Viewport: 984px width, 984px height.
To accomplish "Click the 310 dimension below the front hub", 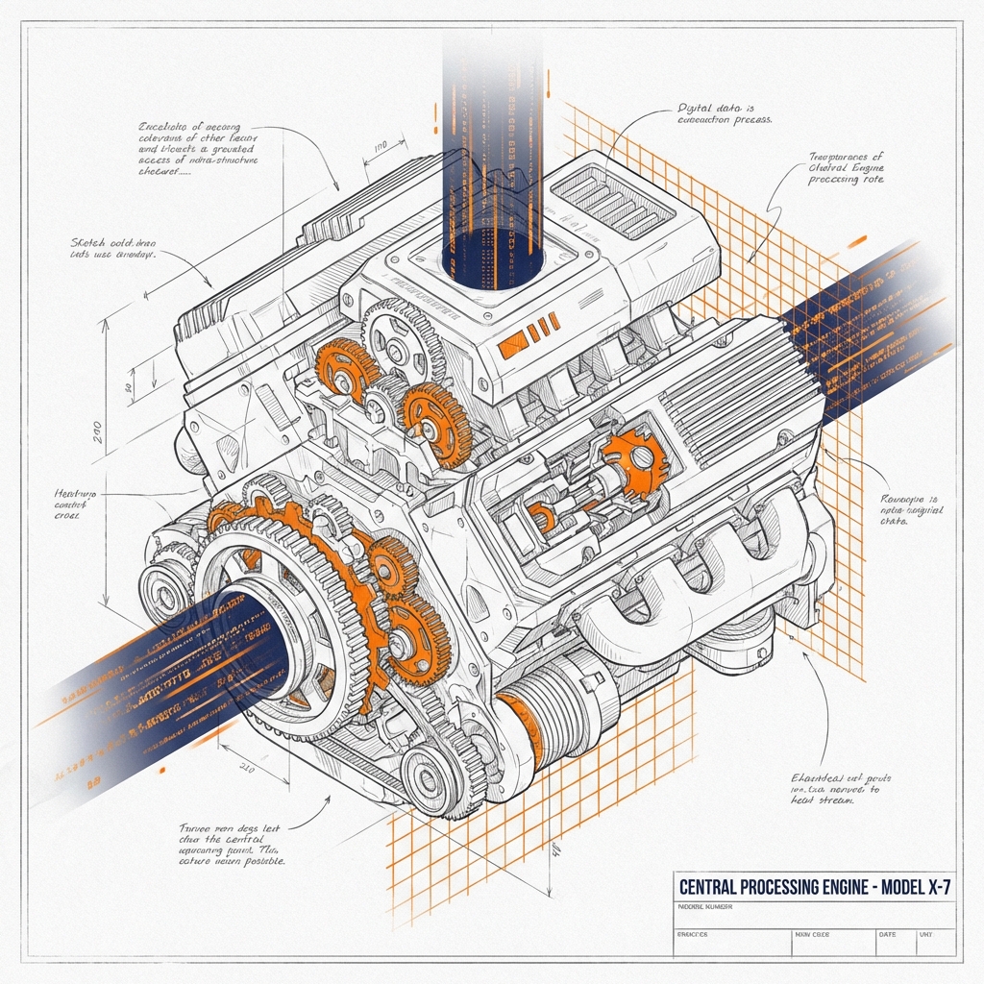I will point(245,768).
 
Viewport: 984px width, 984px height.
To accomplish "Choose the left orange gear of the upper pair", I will point(347,369).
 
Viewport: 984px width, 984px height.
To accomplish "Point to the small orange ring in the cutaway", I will point(543,518).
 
